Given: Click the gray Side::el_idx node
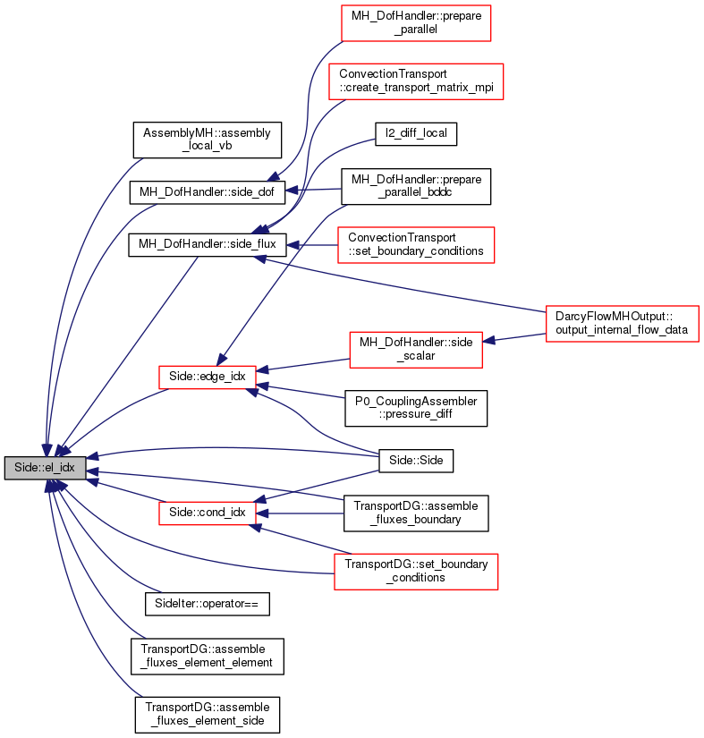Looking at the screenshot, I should pos(45,468).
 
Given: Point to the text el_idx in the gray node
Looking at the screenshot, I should pos(62,468).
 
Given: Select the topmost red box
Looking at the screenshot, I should pos(416,23).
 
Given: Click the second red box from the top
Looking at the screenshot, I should pos(416,81).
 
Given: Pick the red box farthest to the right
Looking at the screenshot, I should pos(622,324).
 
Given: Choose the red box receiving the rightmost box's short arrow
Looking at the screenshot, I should pos(415,349).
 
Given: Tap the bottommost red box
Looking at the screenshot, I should pos(416,572).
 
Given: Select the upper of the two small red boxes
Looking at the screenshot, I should pos(208,377).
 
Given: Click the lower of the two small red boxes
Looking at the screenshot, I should pos(208,513).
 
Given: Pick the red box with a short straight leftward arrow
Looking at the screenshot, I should pos(416,245).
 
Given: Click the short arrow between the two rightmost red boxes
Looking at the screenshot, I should pos(514,338).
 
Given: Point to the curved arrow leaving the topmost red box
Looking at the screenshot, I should pos(309,107).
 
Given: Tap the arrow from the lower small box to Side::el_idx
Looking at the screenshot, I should pos(125,490).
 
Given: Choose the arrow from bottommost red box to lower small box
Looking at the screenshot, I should pos(300,540).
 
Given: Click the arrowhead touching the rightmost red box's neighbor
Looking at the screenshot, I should pos(488,341).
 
